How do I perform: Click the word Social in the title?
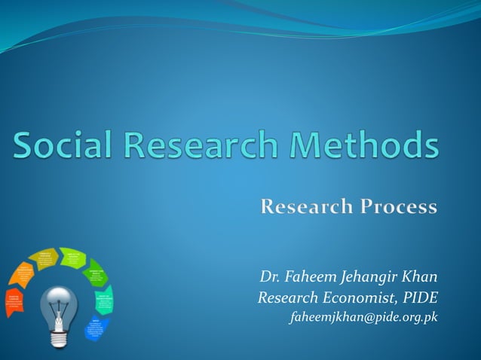tap(64, 145)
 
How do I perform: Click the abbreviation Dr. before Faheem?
tap(269, 276)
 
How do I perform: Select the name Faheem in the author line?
tap(310, 276)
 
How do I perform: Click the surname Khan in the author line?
tap(420, 276)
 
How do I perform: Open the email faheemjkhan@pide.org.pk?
tap(363, 317)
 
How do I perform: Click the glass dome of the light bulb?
tap(58, 304)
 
